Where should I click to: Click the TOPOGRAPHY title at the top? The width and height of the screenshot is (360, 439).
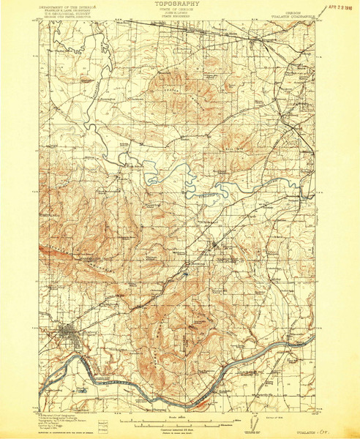[180, 4]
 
